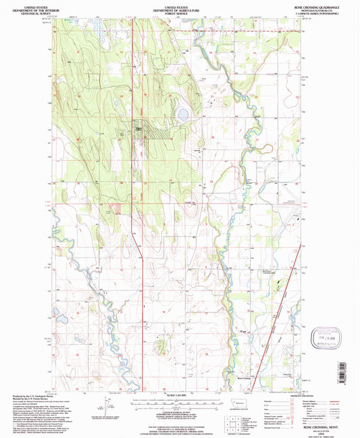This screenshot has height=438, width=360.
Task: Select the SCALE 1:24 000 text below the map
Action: tap(179, 395)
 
